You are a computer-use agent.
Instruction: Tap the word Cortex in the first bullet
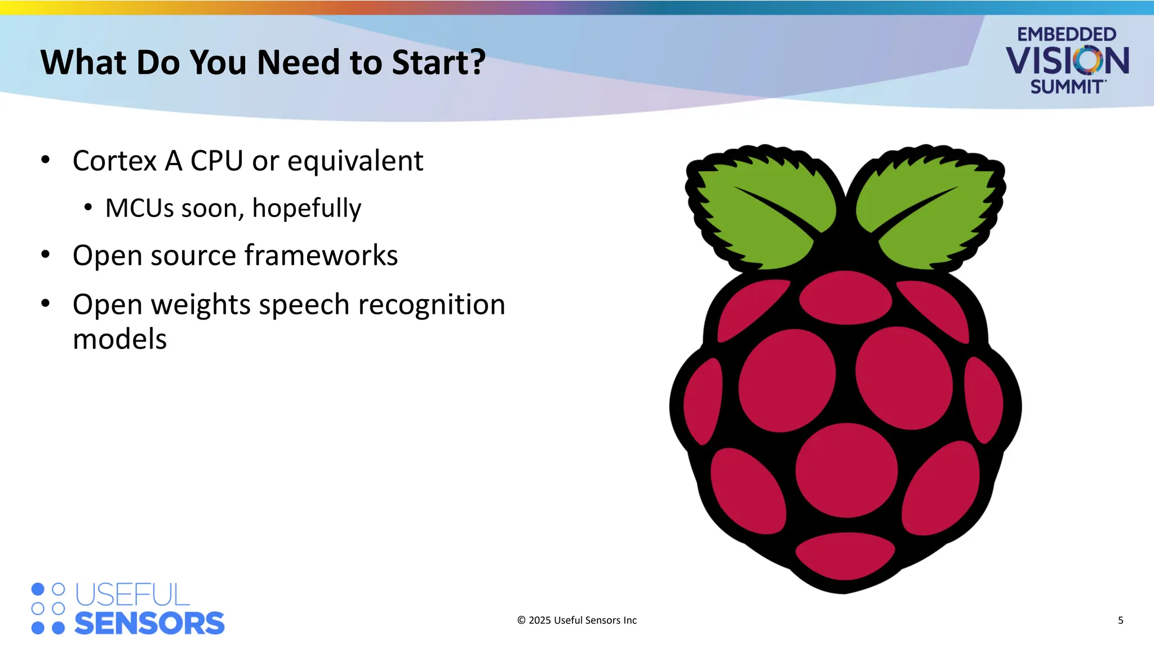click(114, 161)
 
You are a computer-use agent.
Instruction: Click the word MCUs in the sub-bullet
click(140, 208)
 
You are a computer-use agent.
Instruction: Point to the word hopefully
click(307, 209)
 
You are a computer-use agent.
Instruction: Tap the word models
click(120, 340)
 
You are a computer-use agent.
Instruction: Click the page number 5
click(1120, 620)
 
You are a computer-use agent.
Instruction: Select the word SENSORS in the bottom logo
click(149, 624)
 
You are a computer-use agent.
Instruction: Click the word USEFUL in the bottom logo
click(132, 595)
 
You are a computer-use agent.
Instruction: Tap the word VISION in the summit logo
click(1067, 61)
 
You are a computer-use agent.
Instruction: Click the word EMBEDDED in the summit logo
click(1066, 34)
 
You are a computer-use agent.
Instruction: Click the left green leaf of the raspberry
click(761, 208)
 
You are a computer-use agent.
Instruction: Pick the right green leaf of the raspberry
click(930, 208)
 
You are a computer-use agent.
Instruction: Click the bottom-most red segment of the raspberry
click(845, 555)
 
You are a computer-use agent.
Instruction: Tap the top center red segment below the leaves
click(845, 297)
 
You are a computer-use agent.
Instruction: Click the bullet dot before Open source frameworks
click(46, 255)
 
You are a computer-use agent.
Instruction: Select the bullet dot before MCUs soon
click(88, 208)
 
